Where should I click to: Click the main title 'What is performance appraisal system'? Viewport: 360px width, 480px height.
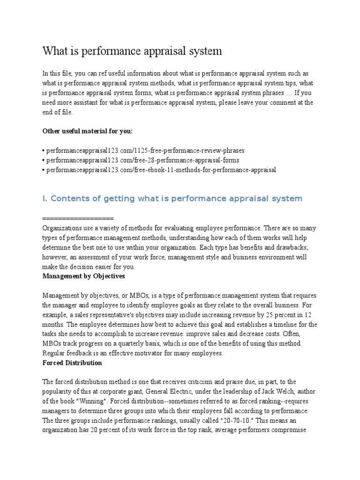click(132, 51)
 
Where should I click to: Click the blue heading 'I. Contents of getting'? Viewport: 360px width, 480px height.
click(172, 198)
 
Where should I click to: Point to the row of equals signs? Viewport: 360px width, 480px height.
click(78, 218)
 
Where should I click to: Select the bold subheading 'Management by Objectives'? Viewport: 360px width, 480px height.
click(84, 276)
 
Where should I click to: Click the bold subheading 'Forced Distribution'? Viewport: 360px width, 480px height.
click(72, 363)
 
